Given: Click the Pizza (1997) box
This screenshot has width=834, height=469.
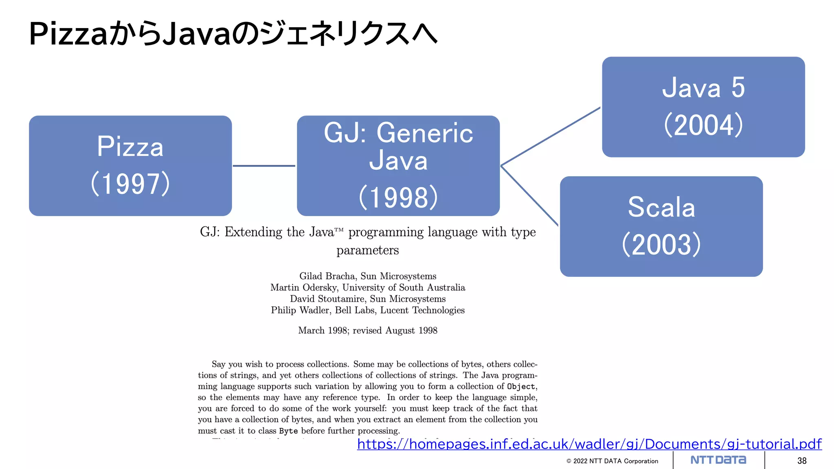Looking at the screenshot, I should click(x=130, y=166).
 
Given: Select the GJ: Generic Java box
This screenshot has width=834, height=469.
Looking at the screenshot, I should click(x=398, y=166).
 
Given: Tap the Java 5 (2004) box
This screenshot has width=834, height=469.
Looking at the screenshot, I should click(x=703, y=107).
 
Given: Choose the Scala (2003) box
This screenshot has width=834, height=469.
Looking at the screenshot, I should click(x=661, y=226).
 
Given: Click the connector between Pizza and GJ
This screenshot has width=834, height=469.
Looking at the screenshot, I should click(x=264, y=166).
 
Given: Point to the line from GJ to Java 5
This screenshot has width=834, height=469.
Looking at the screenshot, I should click(x=551, y=136).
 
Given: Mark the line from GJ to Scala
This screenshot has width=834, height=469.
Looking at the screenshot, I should click(x=529, y=196).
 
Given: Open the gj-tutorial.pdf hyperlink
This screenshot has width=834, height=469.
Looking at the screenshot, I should click(x=589, y=444).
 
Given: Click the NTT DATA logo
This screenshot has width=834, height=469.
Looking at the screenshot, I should click(x=718, y=460).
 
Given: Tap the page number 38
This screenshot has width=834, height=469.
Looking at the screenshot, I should click(x=802, y=460).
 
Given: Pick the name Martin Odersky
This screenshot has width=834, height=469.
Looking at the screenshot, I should click(x=304, y=287).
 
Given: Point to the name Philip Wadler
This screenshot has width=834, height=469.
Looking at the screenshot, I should click(x=301, y=310).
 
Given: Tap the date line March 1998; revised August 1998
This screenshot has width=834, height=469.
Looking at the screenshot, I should click(x=368, y=330).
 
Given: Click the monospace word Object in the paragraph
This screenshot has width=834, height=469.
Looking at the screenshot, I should click(x=521, y=386).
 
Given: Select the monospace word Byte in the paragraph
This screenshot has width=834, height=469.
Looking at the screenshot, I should click(x=288, y=431).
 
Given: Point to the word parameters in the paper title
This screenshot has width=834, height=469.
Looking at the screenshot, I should click(x=368, y=250).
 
